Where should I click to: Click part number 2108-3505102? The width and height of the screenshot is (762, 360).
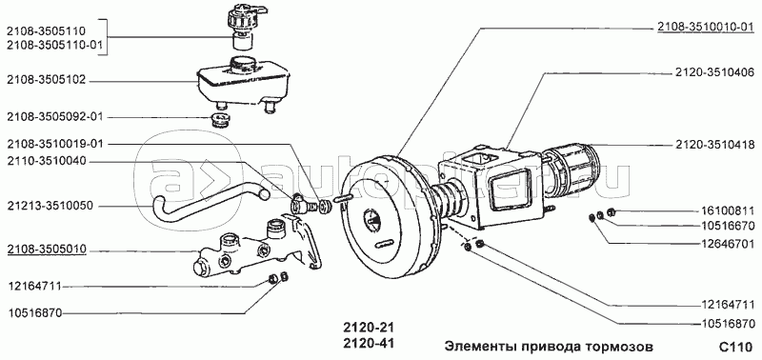46,81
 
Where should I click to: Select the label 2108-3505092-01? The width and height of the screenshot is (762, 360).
55,117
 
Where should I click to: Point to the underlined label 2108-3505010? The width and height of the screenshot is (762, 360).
46,250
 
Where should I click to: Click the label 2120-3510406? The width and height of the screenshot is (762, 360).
714,73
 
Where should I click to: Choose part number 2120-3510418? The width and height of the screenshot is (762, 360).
714,145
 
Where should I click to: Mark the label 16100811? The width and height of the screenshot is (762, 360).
728,210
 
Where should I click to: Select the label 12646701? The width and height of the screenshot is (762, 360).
728,242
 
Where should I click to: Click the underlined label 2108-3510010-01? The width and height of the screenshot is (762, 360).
706,28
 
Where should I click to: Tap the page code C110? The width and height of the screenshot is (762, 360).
735,348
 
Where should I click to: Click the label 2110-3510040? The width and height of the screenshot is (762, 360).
46,161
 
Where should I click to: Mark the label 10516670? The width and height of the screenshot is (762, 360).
728,226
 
